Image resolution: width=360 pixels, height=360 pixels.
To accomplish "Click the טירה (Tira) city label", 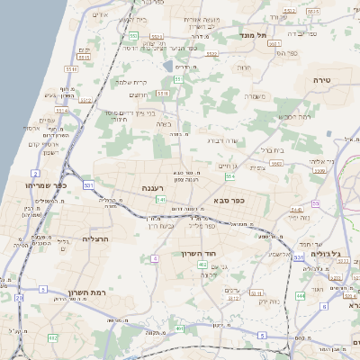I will coord(322,80).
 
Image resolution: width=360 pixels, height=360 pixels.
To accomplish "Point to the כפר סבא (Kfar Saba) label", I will coord(229,201).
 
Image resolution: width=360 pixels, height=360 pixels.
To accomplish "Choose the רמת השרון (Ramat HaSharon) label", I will coord(87,293).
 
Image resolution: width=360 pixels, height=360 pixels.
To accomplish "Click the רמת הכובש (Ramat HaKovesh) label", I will coord(294,117).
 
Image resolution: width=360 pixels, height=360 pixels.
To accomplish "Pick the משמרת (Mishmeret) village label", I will coord(256,95).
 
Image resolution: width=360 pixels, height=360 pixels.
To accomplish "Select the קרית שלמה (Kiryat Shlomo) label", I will coord(132,82).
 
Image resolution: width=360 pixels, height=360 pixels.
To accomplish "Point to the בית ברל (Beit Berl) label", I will coord(272,149).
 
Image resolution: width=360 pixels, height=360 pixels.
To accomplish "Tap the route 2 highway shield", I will coord(35,171).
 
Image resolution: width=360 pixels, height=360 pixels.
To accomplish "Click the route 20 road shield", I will coord(19,297).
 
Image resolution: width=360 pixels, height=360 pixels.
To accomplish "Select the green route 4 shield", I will coord(155,257).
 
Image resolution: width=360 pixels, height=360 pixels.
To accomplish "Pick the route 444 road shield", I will coord(300,294).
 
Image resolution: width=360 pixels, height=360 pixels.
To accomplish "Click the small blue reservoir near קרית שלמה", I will coord(166,66).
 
